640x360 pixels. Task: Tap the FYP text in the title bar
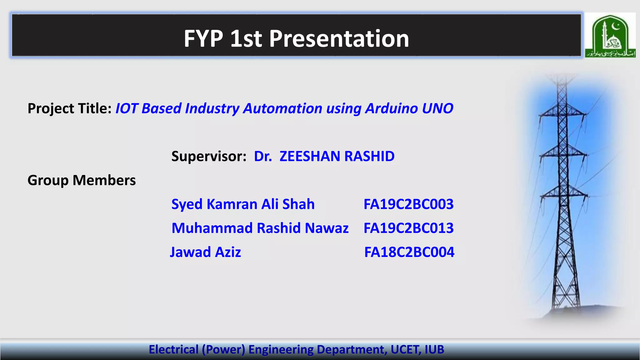(203, 39)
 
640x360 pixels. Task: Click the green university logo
(610, 35)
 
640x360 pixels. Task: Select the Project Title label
(69, 109)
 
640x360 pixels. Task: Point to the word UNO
(437, 108)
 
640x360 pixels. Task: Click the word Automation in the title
(282, 108)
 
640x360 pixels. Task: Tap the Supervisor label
(209, 156)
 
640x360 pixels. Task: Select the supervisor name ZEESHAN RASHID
(337, 156)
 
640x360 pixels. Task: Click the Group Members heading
(82, 180)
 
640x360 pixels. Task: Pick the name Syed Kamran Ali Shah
(243, 204)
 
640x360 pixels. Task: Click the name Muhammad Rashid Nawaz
(260, 228)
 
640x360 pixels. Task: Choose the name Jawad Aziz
(205, 252)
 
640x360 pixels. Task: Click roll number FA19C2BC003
(408, 204)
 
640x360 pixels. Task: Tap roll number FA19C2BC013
(408, 228)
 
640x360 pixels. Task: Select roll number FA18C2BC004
(409, 252)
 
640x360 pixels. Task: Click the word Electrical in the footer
(173, 349)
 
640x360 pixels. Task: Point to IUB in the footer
(434, 349)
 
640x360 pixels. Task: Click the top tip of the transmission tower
(562, 77)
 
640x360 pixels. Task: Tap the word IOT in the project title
(127, 108)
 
